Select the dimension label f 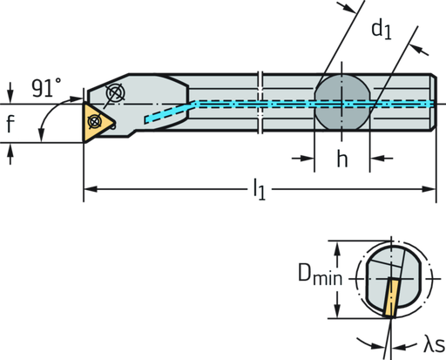point(10,124)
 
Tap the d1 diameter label point(381,29)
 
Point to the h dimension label point(341,159)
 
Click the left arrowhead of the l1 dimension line point(87,188)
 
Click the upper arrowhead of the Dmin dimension point(336,245)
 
